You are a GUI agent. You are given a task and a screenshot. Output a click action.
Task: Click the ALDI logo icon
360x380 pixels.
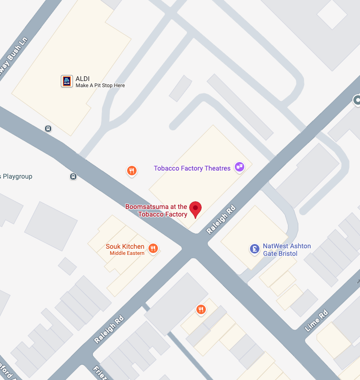[x=67, y=81]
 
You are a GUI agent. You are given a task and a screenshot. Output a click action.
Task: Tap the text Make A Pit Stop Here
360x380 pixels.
[x=100, y=86]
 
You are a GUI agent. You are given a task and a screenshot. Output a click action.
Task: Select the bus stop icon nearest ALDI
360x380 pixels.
[x=48, y=128]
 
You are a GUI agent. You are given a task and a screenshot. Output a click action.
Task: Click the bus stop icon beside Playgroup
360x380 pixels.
[x=73, y=177]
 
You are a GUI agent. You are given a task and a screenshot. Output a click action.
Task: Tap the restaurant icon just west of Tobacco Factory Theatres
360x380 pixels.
[x=132, y=171]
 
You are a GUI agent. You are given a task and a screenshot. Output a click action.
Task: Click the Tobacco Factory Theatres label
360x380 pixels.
[x=192, y=168]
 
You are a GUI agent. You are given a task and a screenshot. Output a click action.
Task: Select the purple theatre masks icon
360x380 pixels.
[x=240, y=167]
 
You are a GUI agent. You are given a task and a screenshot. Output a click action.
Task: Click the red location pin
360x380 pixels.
[x=195, y=209]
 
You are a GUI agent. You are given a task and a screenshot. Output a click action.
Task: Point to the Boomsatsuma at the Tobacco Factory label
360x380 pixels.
[x=156, y=210]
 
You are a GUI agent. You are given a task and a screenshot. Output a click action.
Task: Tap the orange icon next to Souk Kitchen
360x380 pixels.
[x=153, y=248]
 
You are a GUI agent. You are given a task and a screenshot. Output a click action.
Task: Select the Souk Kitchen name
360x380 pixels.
[x=125, y=246]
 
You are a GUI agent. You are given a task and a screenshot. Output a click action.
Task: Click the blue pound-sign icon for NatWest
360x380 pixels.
[x=255, y=248]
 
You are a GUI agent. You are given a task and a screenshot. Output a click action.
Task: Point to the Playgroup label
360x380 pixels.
[x=17, y=177]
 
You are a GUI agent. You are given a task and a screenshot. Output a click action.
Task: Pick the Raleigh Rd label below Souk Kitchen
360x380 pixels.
[x=109, y=329]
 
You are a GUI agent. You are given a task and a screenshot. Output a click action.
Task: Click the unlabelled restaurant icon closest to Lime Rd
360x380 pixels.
[x=201, y=310]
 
